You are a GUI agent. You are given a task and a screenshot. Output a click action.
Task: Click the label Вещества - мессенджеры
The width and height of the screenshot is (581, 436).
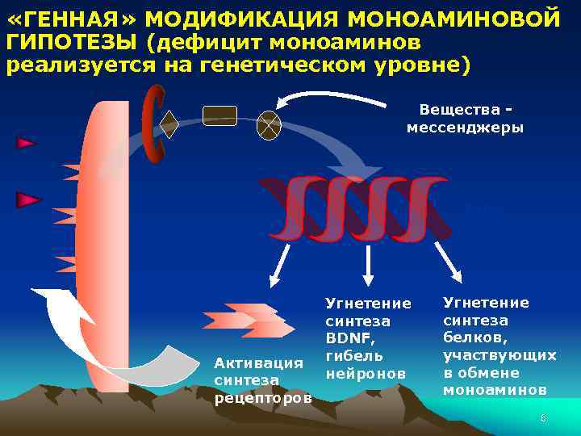tap(465, 119)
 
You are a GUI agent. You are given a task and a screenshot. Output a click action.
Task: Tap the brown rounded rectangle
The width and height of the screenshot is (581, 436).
tap(219, 115)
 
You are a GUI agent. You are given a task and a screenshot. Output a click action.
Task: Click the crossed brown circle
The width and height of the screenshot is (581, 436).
tap(268, 125)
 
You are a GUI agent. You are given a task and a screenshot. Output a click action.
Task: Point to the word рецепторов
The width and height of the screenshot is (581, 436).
tap(263, 397)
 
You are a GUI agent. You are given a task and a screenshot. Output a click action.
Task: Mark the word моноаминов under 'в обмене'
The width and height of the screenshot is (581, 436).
tap(494, 389)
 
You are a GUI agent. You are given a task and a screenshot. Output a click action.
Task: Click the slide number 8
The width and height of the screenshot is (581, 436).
tap(543, 418)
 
